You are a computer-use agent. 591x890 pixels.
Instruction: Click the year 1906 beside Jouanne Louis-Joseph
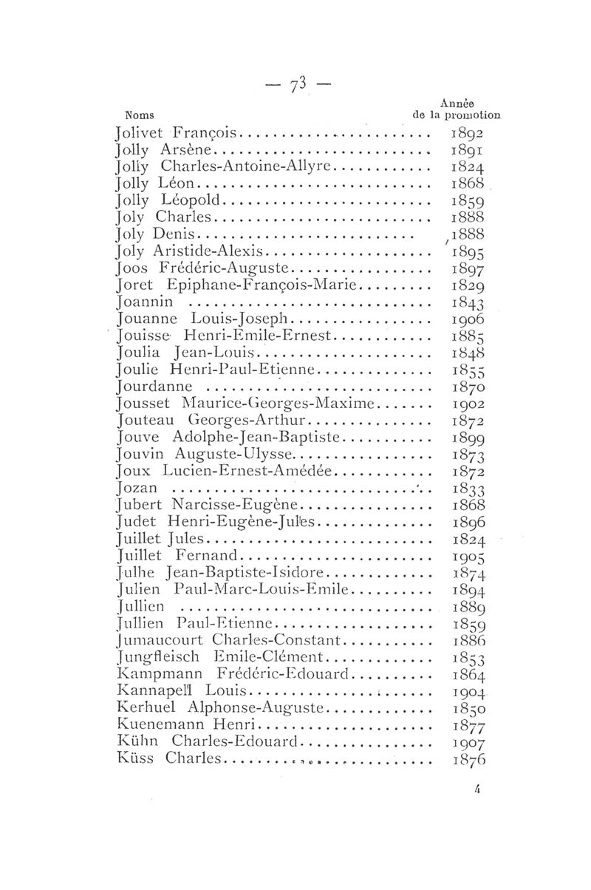point(466,319)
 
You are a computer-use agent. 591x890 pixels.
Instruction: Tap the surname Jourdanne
point(154,386)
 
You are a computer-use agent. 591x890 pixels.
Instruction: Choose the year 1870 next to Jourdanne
point(466,387)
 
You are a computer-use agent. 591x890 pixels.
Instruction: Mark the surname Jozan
point(134,488)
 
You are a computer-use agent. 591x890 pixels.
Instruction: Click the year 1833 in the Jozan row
point(466,489)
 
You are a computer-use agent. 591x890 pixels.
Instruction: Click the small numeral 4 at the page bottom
point(479,789)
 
